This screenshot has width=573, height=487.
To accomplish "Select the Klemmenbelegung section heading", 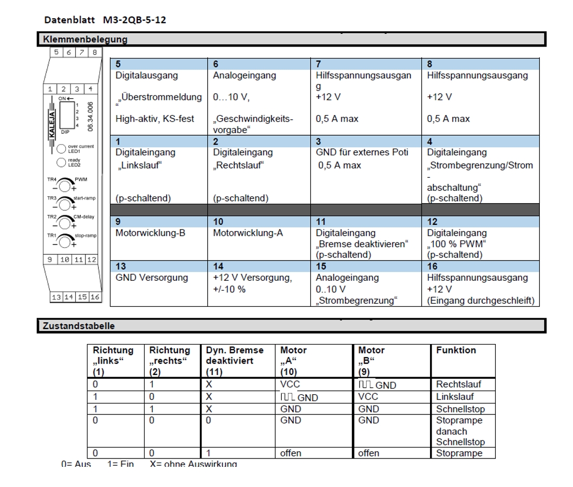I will point(85,39).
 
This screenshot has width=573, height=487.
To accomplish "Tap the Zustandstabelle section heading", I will point(79,326).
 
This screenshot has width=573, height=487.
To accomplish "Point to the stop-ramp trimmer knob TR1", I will point(65,241).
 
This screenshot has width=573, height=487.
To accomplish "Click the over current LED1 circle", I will point(61,148).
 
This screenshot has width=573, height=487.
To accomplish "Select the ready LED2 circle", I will point(61,162).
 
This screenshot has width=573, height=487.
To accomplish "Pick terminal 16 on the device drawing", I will point(95,297).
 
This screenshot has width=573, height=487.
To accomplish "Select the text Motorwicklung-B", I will point(150,233).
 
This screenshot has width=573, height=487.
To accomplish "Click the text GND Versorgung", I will point(151,278).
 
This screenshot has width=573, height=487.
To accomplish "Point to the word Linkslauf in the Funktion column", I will point(455,396).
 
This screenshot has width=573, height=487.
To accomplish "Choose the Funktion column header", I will point(456,350).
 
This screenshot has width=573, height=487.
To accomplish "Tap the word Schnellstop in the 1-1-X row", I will point(460,409).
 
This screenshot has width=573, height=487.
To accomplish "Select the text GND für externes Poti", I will point(362,152).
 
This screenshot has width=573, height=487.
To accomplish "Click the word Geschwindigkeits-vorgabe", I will point(253,124).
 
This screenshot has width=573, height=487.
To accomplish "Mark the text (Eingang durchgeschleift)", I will point(480,300).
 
